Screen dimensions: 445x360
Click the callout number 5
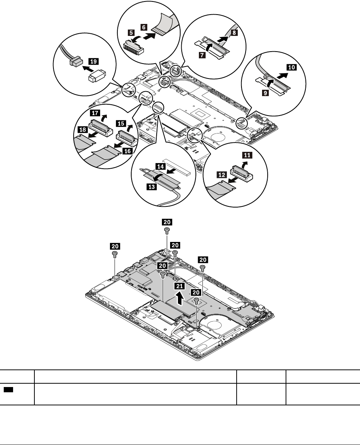(x=132, y=33)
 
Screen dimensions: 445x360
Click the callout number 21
(x=180, y=286)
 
